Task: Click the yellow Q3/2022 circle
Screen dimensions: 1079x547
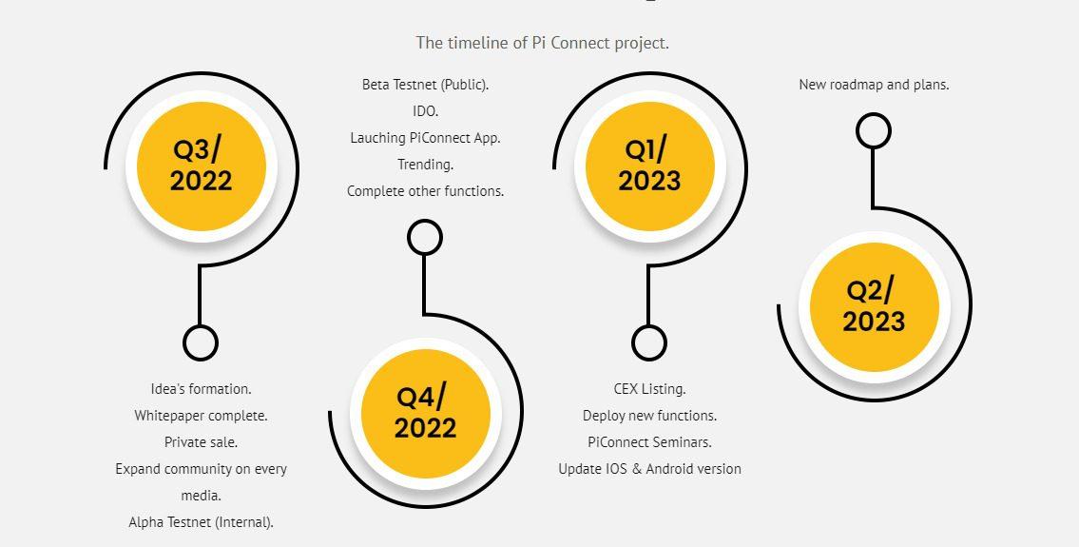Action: point(201,166)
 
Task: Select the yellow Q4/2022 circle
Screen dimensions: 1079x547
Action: point(425,414)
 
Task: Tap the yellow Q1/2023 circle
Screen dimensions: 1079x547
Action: point(649,166)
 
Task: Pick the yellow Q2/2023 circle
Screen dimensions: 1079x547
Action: point(874,307)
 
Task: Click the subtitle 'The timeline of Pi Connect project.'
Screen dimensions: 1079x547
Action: point(542,43)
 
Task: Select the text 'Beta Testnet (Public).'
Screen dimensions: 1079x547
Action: point(425,85)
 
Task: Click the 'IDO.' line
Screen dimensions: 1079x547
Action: point(425,111)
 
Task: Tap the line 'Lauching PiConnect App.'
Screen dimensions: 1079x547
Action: point(425,138)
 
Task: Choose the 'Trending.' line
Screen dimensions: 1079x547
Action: point(425,165)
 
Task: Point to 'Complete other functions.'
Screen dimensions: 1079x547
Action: point(425,191)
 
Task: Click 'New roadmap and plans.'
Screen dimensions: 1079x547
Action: point(874,85)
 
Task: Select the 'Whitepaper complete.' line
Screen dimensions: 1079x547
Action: point(201,416)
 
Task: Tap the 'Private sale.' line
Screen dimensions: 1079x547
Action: point(201,442)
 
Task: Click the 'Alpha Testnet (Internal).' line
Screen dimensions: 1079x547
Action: point(201,522)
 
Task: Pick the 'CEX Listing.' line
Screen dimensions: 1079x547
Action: point(649,389)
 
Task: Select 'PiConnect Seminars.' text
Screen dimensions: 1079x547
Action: point(649,442)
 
